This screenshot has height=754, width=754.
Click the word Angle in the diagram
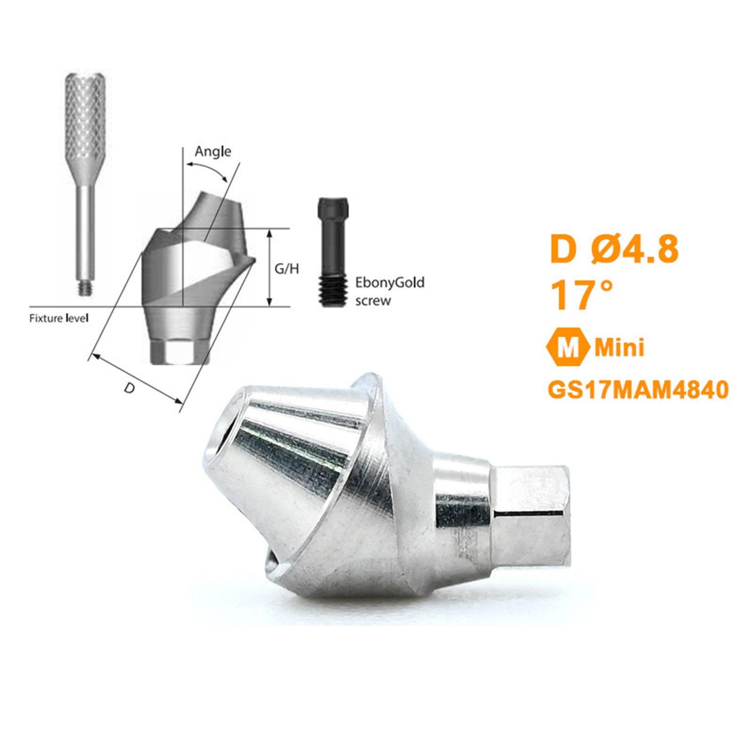tap(213, 152)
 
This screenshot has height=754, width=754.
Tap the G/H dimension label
tap(287, 269)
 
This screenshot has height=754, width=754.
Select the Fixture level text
tap(59, 319)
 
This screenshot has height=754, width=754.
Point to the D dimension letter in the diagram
tap(129, 388)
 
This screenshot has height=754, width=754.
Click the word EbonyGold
tap(390, 283)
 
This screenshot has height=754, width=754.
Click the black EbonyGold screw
tap(333, 252)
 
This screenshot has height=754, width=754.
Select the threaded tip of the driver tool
tap(85, 289)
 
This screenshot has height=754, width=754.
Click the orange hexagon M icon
tap(567, 347)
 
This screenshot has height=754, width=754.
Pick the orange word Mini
tap(619, 348)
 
